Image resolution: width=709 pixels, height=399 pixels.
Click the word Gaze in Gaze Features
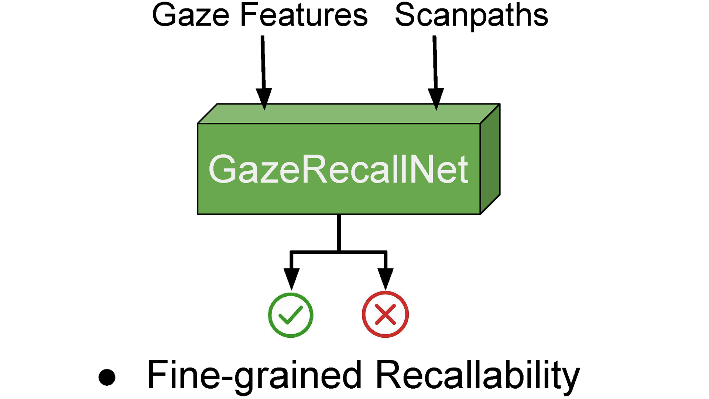(x=191, y=16)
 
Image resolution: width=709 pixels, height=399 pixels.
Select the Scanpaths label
(x=472, y=16)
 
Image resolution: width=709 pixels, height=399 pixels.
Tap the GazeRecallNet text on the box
(x=338, y=169)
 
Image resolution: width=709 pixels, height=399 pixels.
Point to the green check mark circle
(x=291, y=315)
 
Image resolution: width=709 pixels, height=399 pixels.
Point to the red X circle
(x=385, y=314)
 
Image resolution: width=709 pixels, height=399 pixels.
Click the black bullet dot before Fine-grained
(x=107, y=378)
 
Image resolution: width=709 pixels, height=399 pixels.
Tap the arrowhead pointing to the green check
(x=291, y=279)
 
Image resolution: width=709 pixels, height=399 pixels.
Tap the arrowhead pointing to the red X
(x=385, y=279)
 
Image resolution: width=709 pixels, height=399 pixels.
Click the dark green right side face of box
(x=490, y=159)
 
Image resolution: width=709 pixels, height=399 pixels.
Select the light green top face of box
(x=347, y=114)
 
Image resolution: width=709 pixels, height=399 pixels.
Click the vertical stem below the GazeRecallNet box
(x=339, y=233)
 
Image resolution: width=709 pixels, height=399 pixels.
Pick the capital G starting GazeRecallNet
(x=223, y=169)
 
